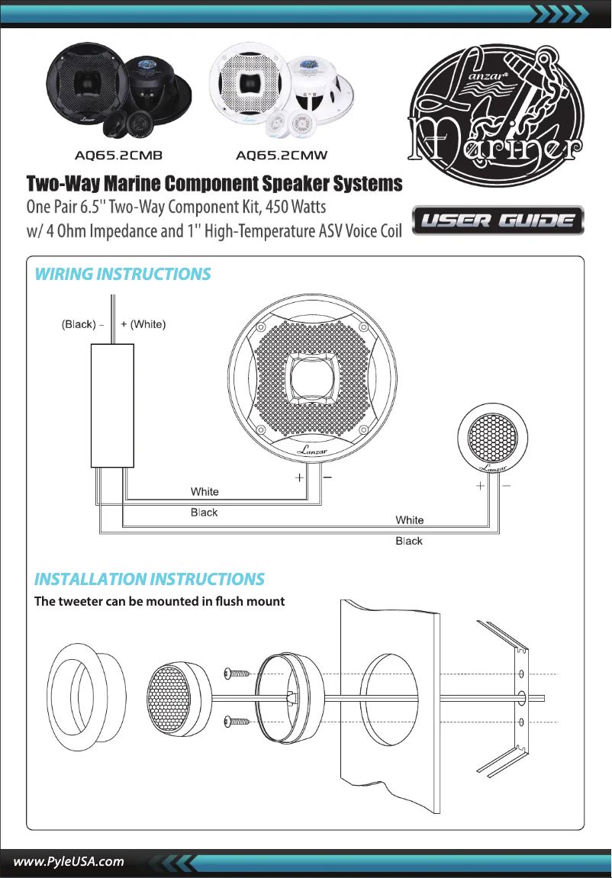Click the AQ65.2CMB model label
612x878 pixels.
[118, 156]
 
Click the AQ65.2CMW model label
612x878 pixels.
[282, 156]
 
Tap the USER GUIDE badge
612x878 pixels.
[498, 221]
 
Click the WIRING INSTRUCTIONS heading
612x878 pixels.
[123, 275]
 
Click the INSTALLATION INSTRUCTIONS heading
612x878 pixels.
[150, 579]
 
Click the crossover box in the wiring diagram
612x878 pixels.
[114, 404]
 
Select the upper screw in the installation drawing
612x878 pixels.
[238, 674]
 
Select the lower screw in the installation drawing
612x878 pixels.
[238, 722]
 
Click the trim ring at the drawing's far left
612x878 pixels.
[79, 696]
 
